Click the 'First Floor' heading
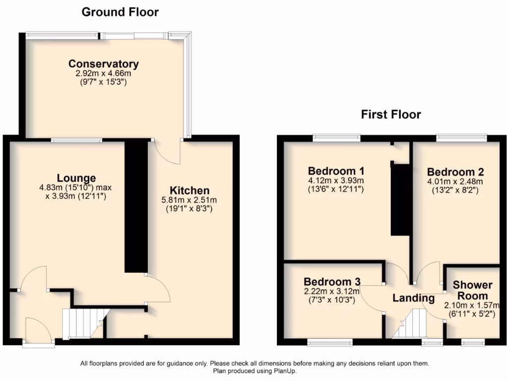click(390, 115)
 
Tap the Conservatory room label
click(103, 64)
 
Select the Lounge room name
click(76, 178)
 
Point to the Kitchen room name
click(190, 190)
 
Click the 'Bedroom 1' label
click(336, 171)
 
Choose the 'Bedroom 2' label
click(455, 172)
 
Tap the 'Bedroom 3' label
click(332, 281)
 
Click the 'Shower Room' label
click(472, 290)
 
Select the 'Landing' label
click(413, 298)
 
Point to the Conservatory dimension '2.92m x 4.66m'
click(103, 73)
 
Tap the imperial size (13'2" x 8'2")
click(455, 190)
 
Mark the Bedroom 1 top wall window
click(337, 137)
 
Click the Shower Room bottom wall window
click(472, 342)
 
